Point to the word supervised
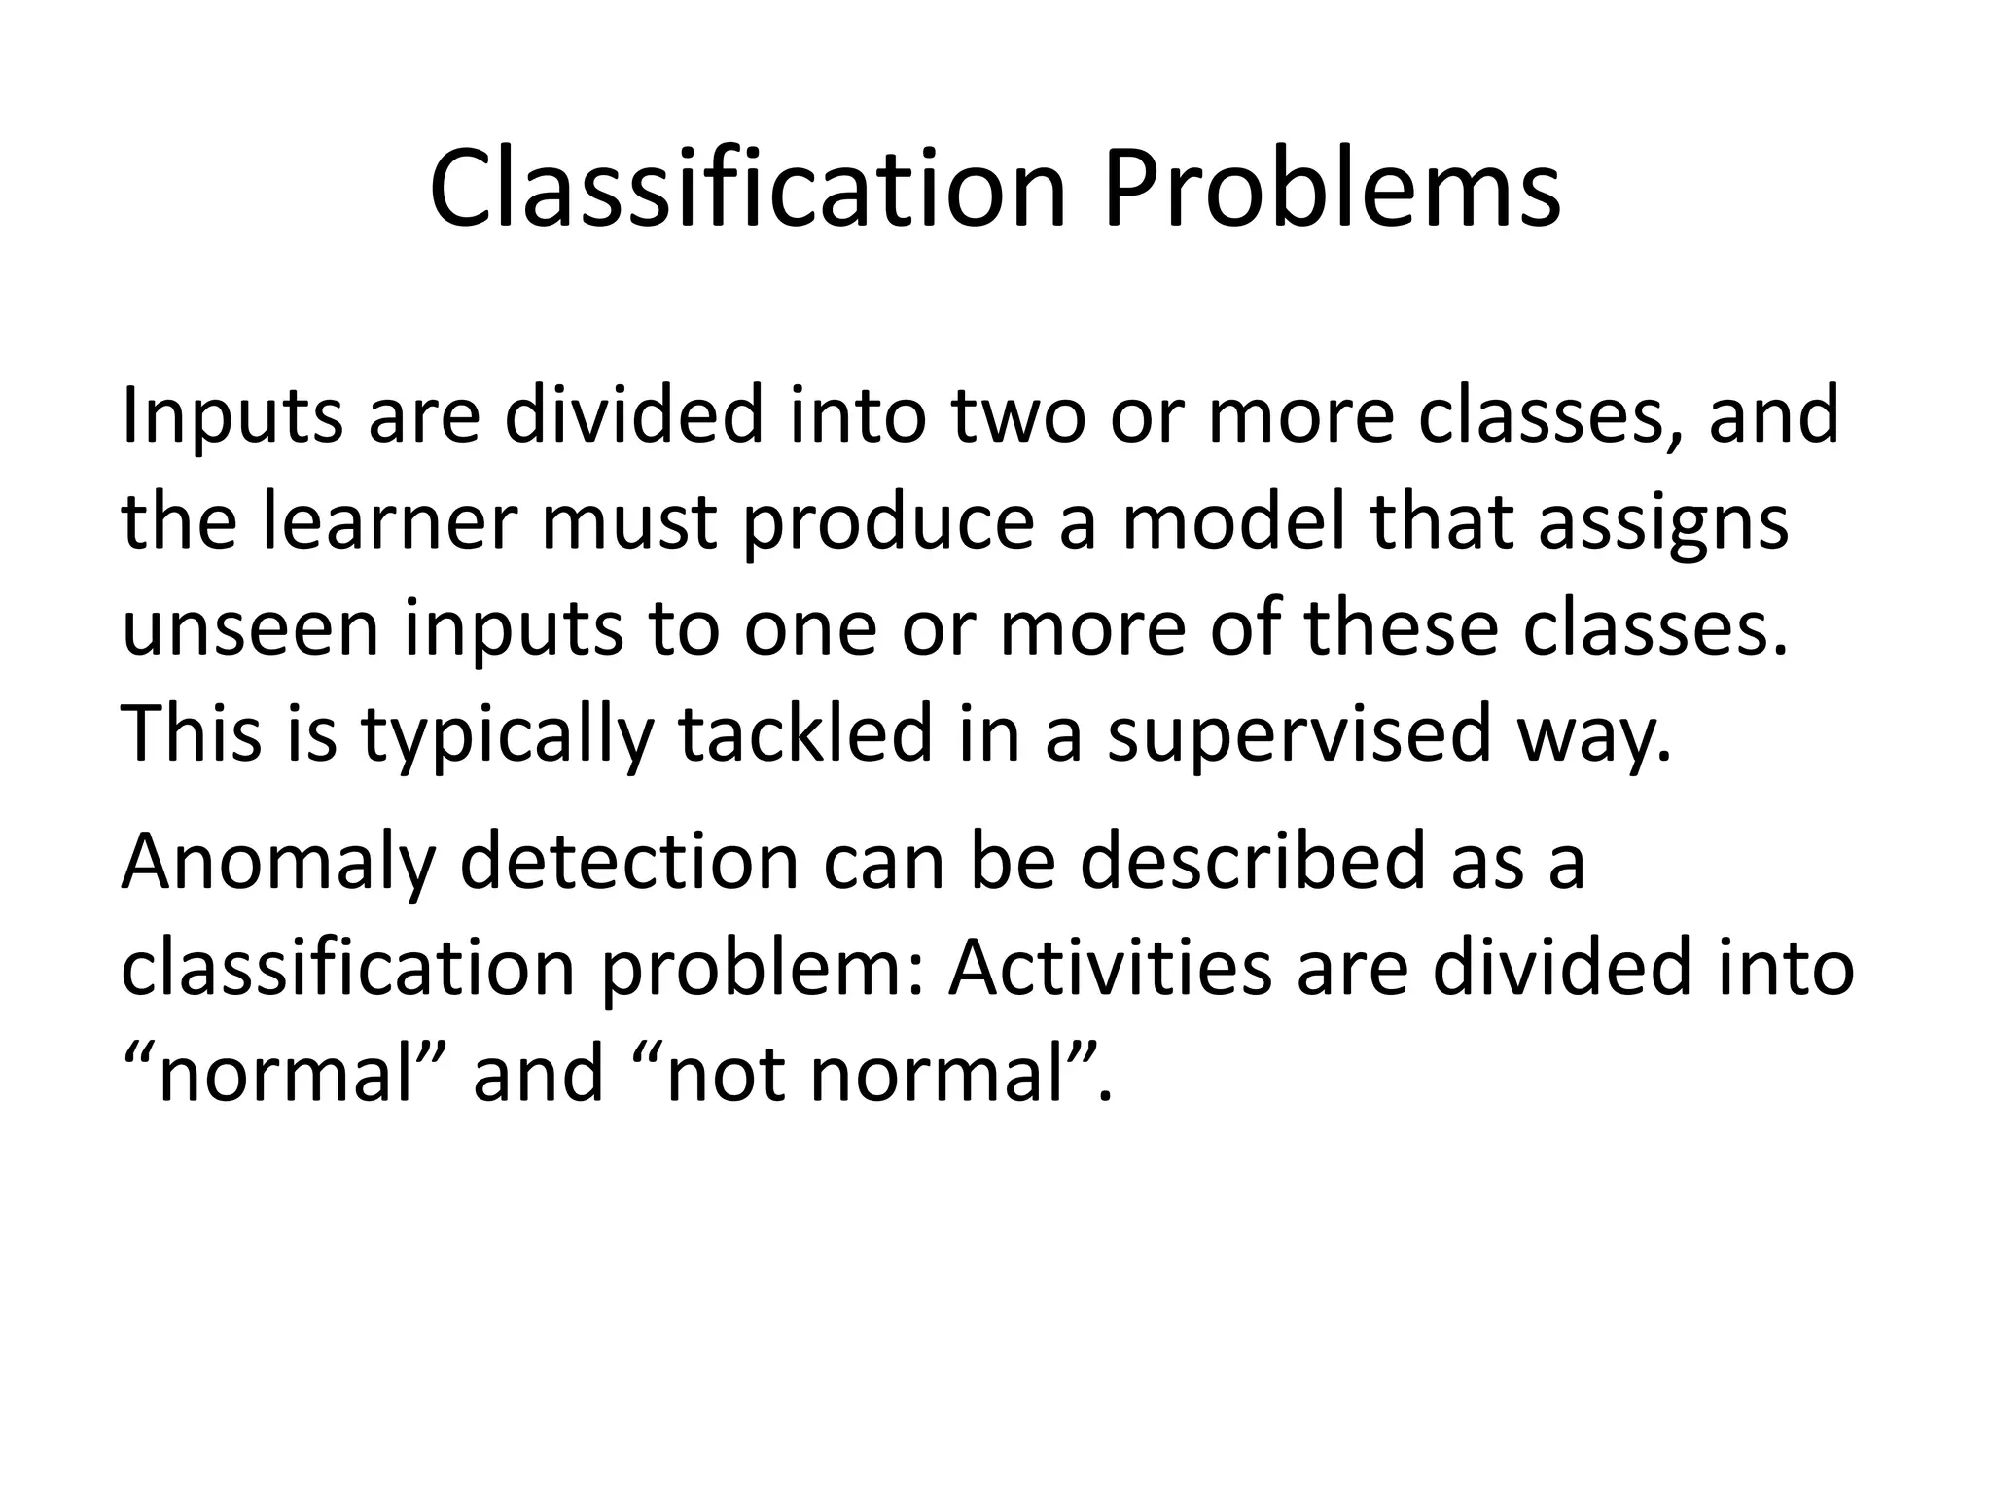1298,737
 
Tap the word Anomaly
278,864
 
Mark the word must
628,523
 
